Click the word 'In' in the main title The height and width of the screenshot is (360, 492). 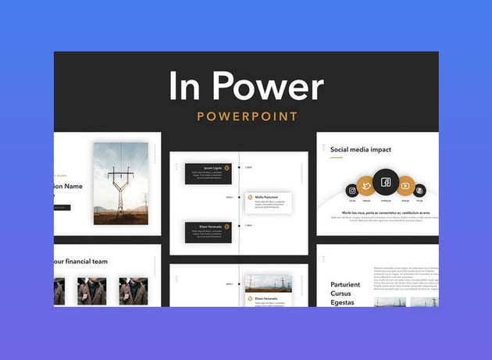coord(187,86)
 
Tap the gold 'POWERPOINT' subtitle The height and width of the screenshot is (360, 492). coord(247,116)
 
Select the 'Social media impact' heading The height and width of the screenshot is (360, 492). coord(360,149)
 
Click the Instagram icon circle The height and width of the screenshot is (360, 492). coord(352,190)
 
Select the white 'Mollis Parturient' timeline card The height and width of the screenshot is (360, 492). coord(269,202)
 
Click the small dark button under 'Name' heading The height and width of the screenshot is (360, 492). coord(62,208)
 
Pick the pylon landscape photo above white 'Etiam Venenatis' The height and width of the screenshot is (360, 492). coord(268,283)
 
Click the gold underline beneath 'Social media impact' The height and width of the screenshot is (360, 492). coord(336,159)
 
